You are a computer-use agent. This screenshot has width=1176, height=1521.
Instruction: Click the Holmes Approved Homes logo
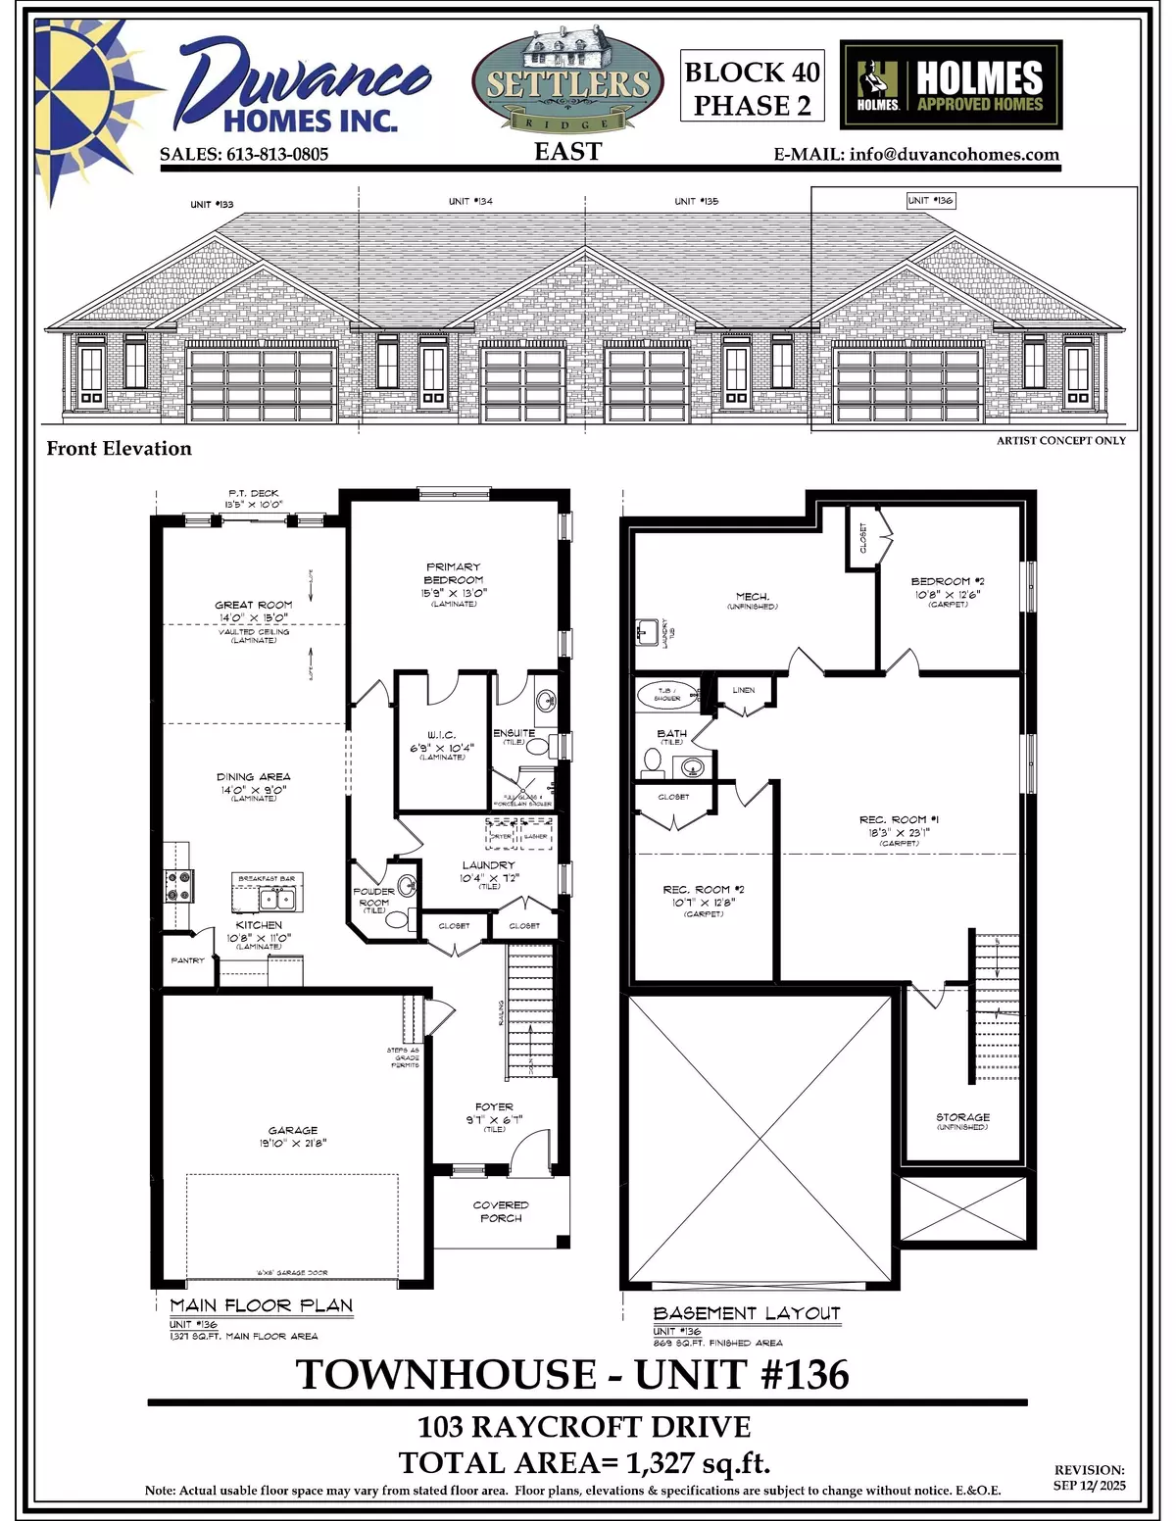(951, 84)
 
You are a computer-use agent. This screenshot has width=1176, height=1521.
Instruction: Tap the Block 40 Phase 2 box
(752, 88)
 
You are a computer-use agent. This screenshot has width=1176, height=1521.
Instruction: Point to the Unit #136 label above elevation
(930, 200)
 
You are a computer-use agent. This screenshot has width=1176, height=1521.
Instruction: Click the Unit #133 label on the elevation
(212, 204)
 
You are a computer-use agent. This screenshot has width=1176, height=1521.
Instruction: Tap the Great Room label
(254, 612)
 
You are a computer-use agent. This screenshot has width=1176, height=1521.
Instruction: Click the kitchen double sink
(275, 899)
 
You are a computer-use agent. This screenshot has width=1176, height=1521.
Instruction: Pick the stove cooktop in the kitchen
(179, 886)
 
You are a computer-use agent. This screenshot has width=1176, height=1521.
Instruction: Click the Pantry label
(187, 960)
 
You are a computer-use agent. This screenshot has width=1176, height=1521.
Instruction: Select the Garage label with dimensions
(293, 1136)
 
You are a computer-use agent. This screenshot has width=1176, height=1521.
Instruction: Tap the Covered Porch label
(501, 1211)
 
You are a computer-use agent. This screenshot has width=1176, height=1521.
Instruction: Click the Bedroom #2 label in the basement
(941, 587)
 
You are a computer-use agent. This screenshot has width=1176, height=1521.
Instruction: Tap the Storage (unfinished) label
(962, 1121)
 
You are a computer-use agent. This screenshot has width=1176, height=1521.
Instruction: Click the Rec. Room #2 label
(704, 896)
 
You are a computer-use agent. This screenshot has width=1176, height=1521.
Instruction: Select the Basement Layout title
(747, 1313)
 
